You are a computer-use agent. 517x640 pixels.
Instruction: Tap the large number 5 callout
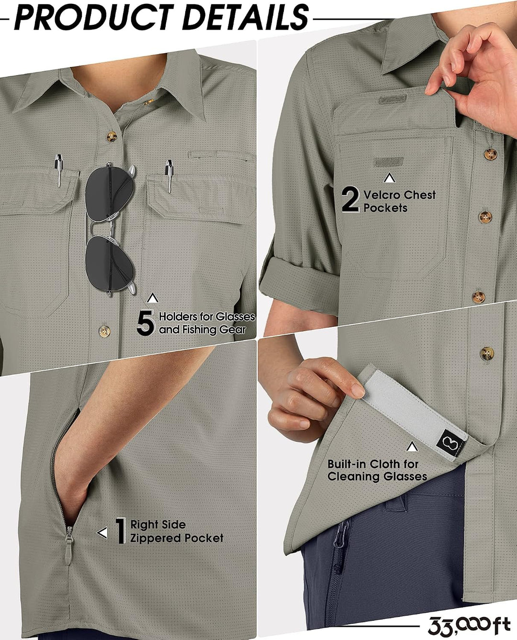point(146,322)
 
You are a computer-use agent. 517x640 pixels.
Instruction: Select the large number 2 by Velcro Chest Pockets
point(350,199)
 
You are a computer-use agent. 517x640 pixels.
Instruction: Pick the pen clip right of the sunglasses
point(169,175)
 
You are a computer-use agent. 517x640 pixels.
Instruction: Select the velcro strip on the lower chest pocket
point(388,161)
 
